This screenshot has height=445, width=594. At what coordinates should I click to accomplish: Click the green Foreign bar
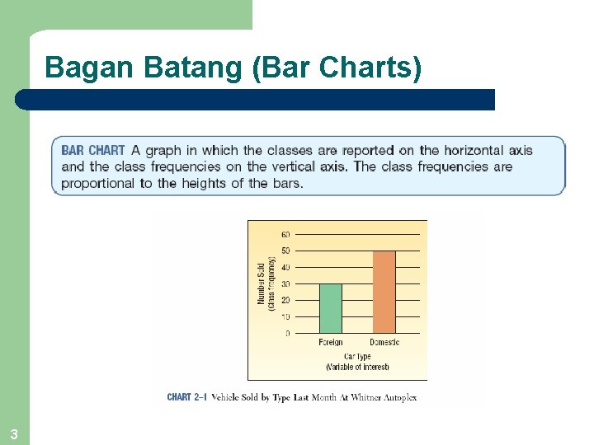[330, 308]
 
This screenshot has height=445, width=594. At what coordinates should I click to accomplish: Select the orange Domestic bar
[384, 292]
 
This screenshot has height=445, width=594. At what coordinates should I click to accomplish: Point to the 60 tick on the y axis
[285, 235]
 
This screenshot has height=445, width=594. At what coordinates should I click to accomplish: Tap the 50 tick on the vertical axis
[285, 251]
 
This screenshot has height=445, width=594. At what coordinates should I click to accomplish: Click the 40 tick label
[285, 267]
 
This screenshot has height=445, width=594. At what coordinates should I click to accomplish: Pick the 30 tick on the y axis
[285, 283]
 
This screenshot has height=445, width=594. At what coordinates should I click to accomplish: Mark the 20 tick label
[285, 300]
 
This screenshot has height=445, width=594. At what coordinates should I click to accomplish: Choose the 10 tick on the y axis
[285, 316]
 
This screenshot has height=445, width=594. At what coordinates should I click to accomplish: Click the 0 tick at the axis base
[287, 334]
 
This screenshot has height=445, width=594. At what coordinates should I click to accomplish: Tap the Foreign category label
[331, 343]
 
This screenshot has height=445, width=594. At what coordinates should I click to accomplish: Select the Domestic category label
[384, 343]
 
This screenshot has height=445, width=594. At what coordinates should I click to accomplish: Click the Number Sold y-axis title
[262, 283]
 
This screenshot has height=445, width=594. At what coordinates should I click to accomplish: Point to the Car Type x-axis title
[357, 357]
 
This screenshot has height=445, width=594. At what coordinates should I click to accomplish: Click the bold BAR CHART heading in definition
[93, 151]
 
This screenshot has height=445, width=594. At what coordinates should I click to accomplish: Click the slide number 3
[14, 433]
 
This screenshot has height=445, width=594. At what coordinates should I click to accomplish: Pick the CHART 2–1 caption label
[186, 397]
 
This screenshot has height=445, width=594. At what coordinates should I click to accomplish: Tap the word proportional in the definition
[98, 183]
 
